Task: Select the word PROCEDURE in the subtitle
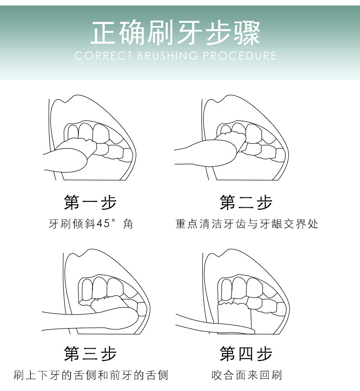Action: [240, 56]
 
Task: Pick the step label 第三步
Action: [90, 353]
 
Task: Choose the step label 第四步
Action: [246, 353]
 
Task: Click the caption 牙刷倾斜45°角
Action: [90, 224]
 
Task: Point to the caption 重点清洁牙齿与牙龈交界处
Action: [247, 224]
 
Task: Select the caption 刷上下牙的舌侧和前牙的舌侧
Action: [91, 375]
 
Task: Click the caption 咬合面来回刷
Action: [247, 375]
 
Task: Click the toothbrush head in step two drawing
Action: [231, 139]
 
